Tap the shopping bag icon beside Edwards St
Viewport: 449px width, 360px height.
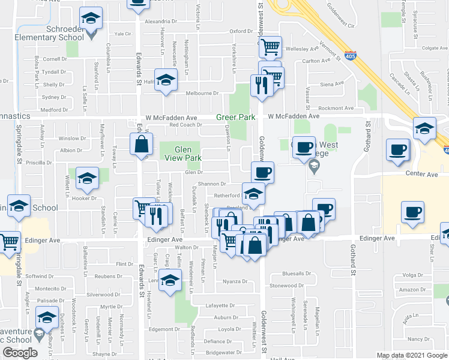click(x=141, y=145)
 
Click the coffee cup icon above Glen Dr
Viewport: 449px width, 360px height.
click(x=262, y=173)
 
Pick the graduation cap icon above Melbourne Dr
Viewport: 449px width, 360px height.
click(x=166, y=80)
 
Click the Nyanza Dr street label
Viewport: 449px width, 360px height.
click(x=235, y=281)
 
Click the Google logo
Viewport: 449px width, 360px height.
click(x=20, y=353)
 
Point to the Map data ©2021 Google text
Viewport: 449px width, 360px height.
click(x=411, y=355)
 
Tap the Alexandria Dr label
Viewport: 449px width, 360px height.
click(x=161, y=20)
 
